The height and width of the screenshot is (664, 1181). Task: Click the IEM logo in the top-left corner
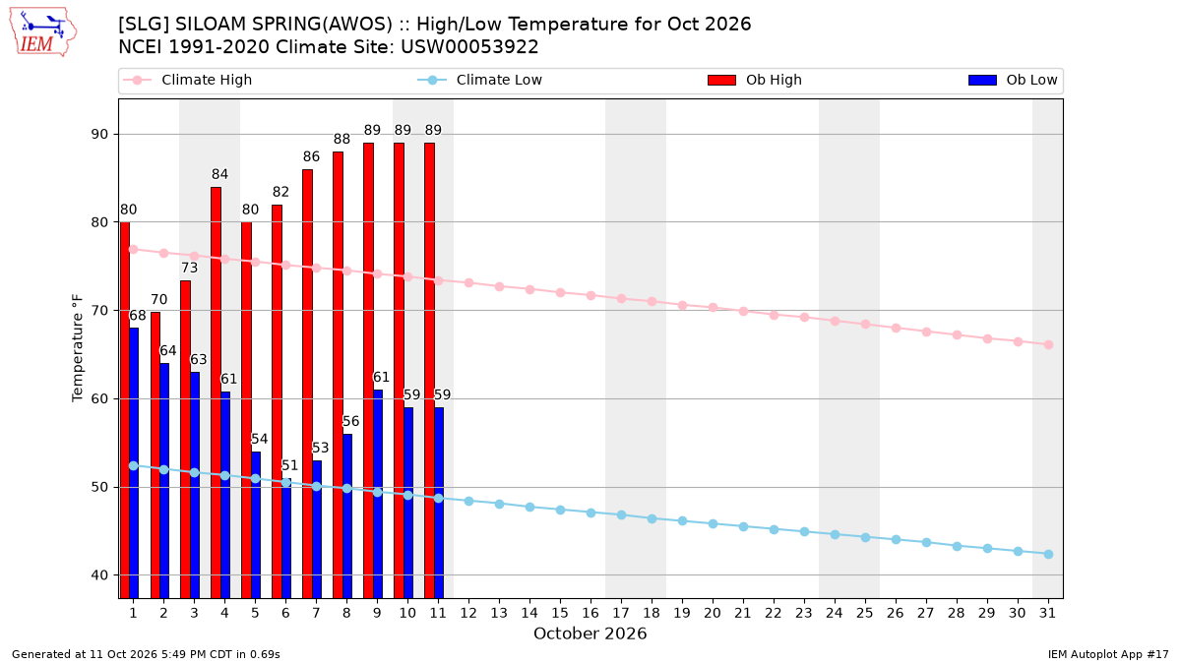click(42, 32)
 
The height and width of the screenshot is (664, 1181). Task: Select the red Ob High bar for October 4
click(216, 392)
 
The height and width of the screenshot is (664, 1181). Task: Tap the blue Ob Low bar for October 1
click(134, 463)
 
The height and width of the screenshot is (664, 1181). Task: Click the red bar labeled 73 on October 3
click(185, 440)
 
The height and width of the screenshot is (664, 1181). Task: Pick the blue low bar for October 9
click(378, 494)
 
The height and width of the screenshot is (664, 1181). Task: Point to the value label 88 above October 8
click(342, 139)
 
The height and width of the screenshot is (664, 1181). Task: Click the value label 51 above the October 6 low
click(289, 466)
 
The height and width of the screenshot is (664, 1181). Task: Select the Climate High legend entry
click(187, 80)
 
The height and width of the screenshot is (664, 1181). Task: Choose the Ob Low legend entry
click(1013, 80)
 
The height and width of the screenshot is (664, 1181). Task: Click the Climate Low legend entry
click(479, 80)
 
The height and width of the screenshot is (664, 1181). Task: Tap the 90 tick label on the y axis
click(99, 135)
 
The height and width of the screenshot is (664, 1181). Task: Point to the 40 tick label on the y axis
click(99, 575)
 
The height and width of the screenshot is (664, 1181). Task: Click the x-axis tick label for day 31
click(1047, 613)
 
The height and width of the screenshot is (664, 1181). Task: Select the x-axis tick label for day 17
click(621, 613)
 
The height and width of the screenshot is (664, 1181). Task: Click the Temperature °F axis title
click(78, 348)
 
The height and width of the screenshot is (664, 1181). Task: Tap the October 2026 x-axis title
click(590, 634)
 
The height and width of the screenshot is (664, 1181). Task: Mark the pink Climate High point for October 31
click(1048, 344)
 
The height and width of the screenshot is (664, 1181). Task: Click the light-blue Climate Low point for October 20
click(713, 523)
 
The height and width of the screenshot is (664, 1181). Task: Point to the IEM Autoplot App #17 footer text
click(1108, 654)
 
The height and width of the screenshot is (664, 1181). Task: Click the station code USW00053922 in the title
click(469, 47)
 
